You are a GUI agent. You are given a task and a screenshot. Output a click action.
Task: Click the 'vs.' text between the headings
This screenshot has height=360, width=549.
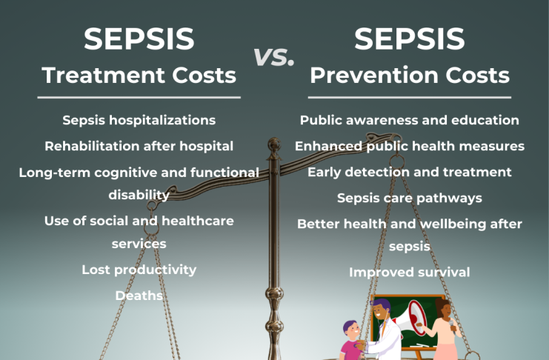tap(273, 57)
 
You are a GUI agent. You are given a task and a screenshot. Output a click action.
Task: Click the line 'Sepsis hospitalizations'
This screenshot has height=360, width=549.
tap(139, 121)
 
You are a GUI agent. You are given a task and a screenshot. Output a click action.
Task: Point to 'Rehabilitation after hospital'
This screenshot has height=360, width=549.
tap(139, 146)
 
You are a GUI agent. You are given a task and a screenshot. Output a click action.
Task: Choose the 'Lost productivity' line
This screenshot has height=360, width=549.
tap(139, 270)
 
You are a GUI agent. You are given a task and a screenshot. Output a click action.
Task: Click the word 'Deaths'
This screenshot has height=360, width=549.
tap(139, 296)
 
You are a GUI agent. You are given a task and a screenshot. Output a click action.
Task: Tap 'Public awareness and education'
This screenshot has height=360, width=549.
tap(409, 120)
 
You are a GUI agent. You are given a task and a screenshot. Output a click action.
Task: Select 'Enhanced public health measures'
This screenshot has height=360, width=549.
tap(409, 146)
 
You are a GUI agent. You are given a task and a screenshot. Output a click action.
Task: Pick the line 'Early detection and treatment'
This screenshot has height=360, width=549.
tap(409, 172)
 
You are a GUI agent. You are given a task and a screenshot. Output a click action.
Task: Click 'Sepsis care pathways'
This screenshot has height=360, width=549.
tap(409, 199)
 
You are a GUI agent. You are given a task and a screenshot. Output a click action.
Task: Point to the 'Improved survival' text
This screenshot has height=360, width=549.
tap(409, 273)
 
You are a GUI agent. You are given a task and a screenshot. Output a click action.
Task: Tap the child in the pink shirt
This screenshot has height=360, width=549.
tap(352, 341)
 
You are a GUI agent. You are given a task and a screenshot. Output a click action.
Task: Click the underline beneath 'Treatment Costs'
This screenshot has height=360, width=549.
tap(139, 97)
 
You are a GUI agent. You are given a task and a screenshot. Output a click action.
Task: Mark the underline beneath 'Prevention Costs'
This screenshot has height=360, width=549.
tap(409, 97)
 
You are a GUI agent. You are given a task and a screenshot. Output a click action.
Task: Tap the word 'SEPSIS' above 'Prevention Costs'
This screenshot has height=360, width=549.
tap(409, 39)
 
